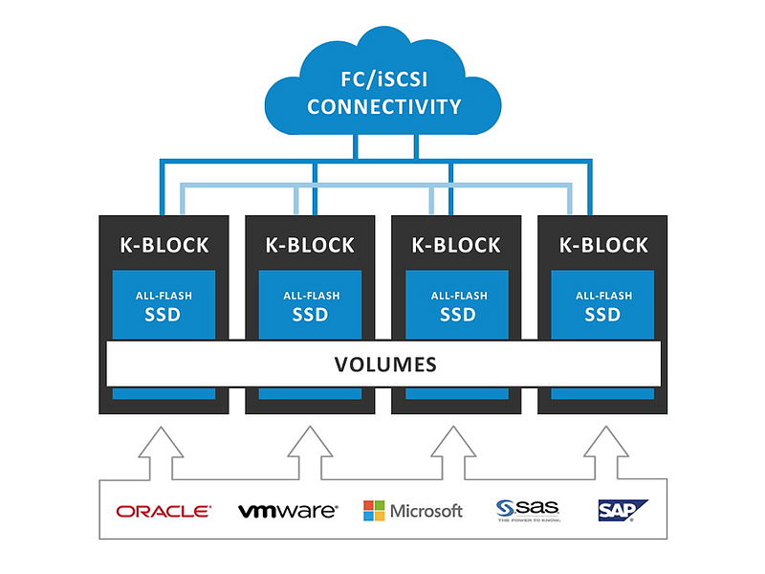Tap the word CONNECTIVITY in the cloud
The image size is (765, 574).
[x=383, y=106]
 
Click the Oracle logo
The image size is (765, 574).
[x=164, y=512]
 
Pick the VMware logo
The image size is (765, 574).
[x=288, y=511]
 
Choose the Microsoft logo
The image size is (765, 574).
[x=412, y=511]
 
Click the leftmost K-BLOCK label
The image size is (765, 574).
[x=164, y=245]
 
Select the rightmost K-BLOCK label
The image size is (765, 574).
[x=603, y=245]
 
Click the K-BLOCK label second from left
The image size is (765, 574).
[x=310, y=245]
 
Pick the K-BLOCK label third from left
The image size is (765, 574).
[x=456, y=245]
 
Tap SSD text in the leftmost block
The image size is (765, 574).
[x=164, y=315]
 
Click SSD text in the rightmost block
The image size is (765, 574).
[x=603, y=315]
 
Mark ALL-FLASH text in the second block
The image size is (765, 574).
[x=310, y=296]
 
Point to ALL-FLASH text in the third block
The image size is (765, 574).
[x=456, y=296]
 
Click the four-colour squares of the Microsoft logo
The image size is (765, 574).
[x=374, y=511]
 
